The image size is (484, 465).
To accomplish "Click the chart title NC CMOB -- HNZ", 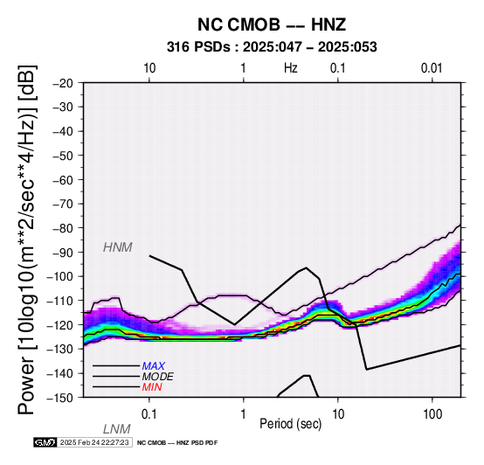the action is click(272, 24).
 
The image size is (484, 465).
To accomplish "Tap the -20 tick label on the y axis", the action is click(63, 83).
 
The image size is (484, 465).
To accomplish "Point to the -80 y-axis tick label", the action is click(63, 228).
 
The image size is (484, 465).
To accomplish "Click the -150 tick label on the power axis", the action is click(60, 398).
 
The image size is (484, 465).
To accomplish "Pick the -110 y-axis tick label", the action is click(60, 301).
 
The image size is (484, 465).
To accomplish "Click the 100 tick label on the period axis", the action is click(432, 414).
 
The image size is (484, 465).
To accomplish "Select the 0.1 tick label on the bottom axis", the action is click(149, 414).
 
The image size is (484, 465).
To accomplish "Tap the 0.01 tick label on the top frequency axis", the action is click(432, 68).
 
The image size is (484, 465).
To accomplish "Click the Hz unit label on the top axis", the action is click(290, 68).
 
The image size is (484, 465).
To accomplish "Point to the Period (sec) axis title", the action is click(290, 424).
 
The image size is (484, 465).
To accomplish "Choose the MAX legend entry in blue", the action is click(153, 366).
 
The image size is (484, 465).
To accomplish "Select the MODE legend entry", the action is click(157, 377).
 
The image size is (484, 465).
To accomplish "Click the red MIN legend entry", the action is click(152, 387).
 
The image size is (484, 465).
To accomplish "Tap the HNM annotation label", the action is click(118, 247).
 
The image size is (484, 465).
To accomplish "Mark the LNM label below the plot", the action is click(117, 429).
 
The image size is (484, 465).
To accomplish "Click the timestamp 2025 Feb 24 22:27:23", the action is click(94, 442).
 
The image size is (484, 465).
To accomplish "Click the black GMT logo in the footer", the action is click(45, 442).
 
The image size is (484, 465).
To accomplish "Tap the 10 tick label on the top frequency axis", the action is click(149, 68).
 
